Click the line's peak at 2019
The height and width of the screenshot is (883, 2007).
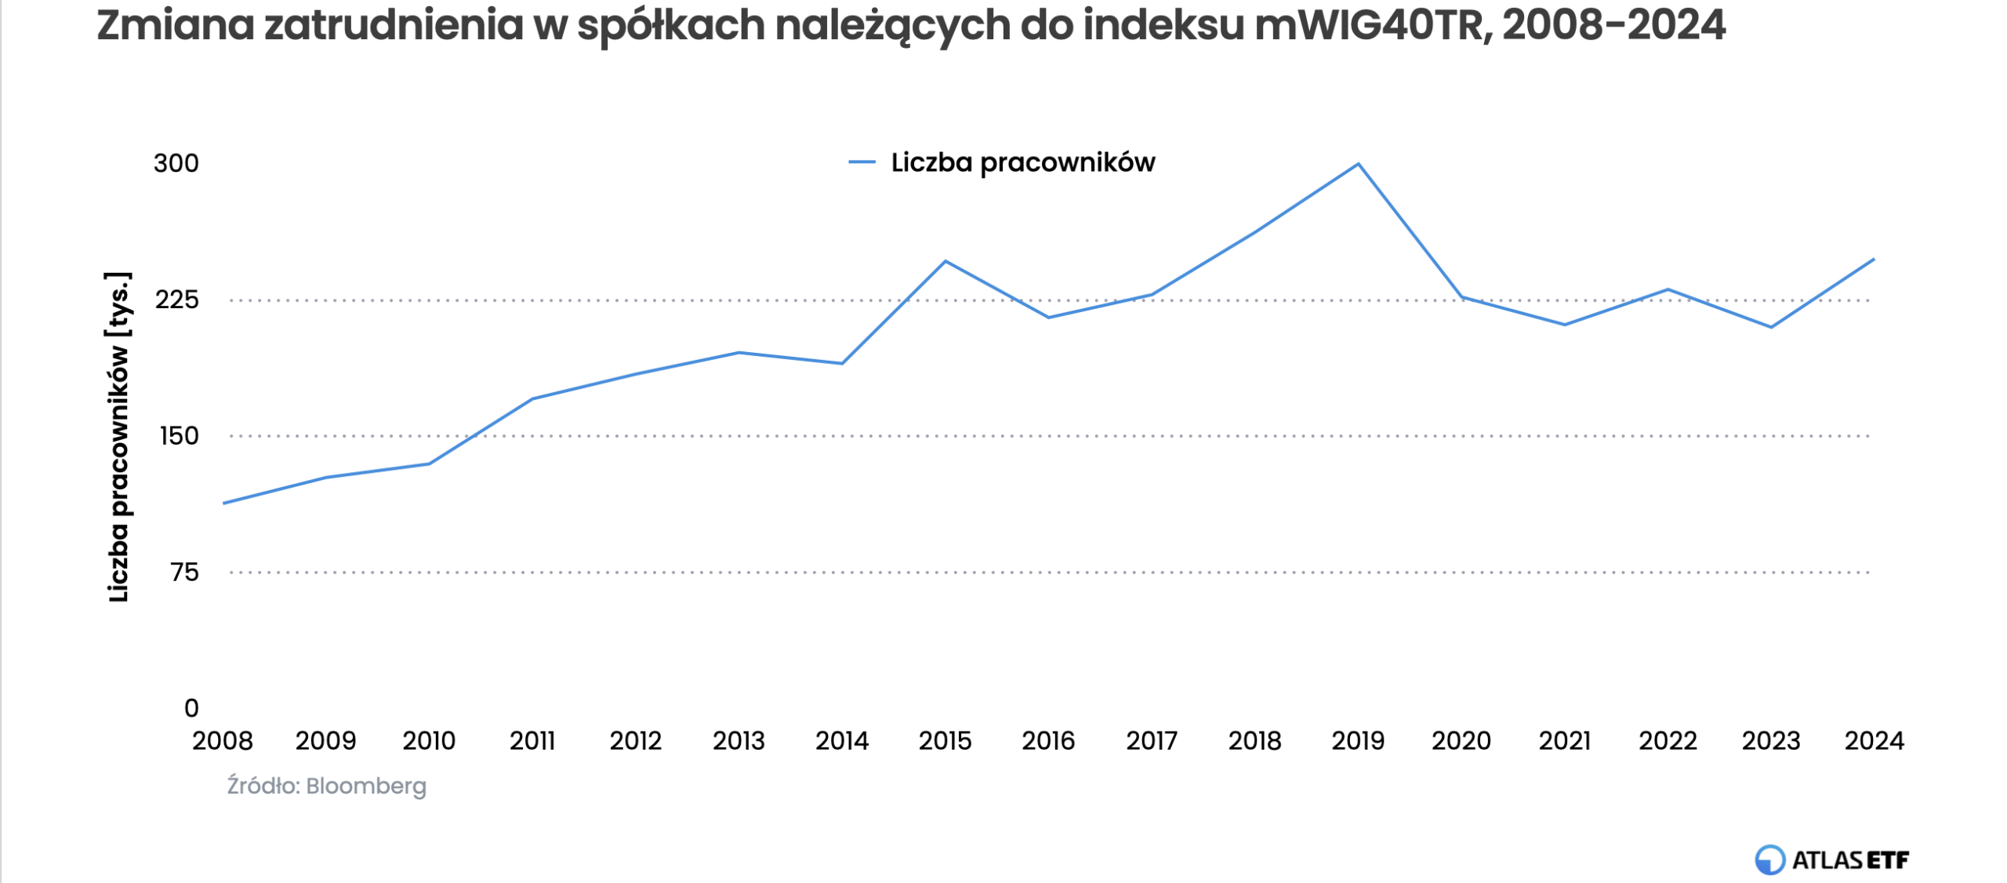coord(1357,164)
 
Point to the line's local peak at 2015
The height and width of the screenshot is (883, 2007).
coord(945,261)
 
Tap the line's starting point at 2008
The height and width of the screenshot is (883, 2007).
coord(223,503)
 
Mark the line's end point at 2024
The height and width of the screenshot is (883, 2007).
coord(1873,260)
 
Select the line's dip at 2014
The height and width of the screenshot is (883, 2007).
coord(842,363)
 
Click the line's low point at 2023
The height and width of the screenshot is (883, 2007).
coord(1770,327)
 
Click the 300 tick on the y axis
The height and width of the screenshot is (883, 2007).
coord(176,163)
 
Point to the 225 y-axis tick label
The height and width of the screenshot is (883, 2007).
coord(176,300)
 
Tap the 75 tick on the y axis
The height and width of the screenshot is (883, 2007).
coord(185,572)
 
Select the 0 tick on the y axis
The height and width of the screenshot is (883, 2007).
coord(191,708)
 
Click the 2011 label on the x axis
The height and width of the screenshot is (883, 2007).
coord(532,741)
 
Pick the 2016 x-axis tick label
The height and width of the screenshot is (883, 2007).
coord(1048,741)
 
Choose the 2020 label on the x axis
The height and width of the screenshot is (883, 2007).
coord(1461,741)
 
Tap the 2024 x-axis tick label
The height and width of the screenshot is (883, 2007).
coord(1874,741)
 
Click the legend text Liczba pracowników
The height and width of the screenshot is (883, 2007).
coord(1022,162)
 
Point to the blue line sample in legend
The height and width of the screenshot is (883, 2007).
coord(862,162)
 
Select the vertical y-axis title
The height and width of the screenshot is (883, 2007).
coord(118,437)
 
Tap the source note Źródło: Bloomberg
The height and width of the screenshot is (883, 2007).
coord(326,786)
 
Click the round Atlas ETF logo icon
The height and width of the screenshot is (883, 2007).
coord(1769,859)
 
